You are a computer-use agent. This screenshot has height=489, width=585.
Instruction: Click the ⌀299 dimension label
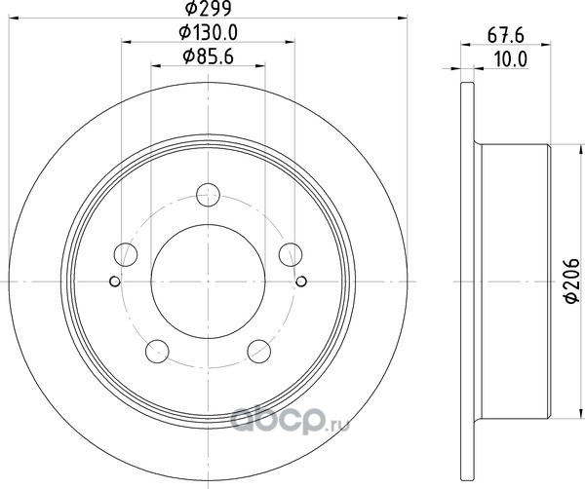pos(209,8)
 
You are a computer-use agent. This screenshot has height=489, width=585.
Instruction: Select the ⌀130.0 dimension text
pos(209,33)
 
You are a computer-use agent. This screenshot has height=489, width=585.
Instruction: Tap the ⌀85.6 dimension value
pos(209,56)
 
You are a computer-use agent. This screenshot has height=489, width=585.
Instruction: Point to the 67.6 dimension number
pos(506,36)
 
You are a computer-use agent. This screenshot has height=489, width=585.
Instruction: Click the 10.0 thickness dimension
pos(511,59)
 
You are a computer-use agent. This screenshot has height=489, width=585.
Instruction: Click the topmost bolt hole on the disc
pos(209,195)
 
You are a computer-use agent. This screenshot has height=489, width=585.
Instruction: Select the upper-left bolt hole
pos(126,254)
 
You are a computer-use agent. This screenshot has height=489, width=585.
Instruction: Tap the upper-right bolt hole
pos(291,254)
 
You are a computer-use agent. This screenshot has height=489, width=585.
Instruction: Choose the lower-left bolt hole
pos(157,351)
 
